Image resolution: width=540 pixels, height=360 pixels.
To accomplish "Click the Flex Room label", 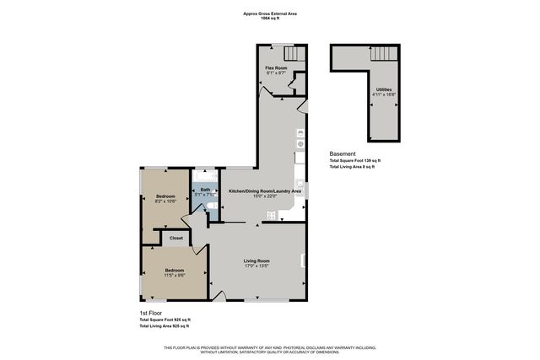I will [276, 67].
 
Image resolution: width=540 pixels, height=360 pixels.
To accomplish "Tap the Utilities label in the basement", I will [383, 89].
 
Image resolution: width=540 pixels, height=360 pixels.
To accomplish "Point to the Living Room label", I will [256, 261].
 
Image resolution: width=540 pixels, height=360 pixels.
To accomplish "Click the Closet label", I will [176, 239].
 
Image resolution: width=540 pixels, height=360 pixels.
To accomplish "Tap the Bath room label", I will [205, 190].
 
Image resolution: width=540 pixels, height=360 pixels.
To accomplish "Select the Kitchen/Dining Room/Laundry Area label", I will [265, 191].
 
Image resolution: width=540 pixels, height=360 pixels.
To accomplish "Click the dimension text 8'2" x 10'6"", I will [165, 201].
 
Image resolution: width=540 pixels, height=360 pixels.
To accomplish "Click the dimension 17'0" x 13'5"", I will [256, 267].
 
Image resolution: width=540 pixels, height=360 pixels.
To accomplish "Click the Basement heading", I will [342, 154].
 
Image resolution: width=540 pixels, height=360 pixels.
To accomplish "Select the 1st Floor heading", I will [151, 314].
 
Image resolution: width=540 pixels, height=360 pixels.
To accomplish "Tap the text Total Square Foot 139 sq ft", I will [354, 161].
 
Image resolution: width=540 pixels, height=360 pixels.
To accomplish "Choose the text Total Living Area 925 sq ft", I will [165, 325].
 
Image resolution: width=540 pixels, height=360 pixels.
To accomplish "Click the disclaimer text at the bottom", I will [270, 349].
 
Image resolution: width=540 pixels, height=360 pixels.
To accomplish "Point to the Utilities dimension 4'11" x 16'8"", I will [383, 94].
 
